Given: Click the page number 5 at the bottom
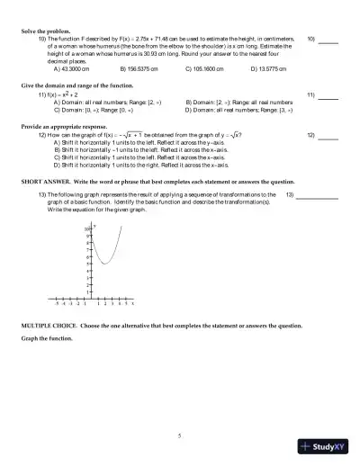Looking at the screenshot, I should (x=180, y=435).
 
